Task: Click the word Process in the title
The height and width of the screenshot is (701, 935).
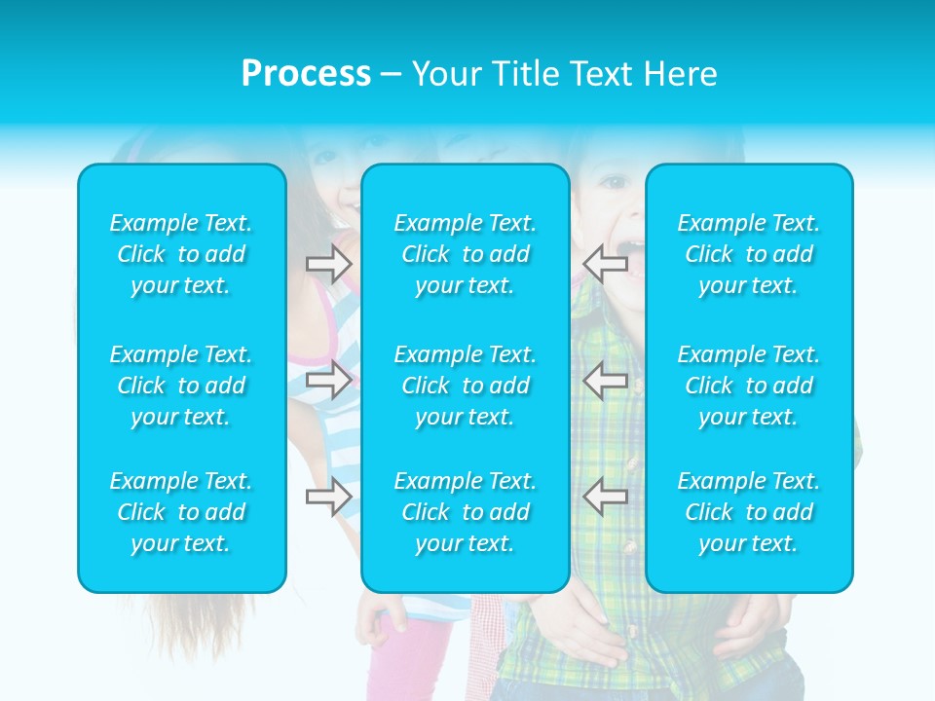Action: (x=306, y=74)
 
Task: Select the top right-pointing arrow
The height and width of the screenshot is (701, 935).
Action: (x=328, y=263)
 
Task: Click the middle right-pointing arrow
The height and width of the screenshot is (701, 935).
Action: (x=328, y=380)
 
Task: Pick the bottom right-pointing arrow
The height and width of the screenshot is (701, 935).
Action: (x=328, y=497)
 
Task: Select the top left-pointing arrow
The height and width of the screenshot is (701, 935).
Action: (x=605, y=263)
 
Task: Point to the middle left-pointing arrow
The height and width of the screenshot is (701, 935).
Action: (x=605, y=380)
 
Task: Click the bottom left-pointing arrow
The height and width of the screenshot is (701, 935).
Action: (x=605, y=497)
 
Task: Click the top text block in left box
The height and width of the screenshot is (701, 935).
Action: (x=181, y=254)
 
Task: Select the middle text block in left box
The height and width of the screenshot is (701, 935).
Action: (x=181, y=386)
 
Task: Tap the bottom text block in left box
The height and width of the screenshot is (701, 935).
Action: (x=181, y=512)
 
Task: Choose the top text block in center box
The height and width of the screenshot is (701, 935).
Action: (x=466, y=254)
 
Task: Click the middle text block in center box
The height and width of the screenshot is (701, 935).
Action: (x=466, y=386)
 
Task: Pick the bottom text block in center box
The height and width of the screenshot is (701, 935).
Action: (x=466, y=512)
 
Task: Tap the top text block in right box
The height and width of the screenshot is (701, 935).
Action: (x=749, y=254)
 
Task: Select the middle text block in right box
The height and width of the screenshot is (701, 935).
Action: (x=749, y=386)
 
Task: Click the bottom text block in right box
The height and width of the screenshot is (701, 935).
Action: (x=749, y=512)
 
